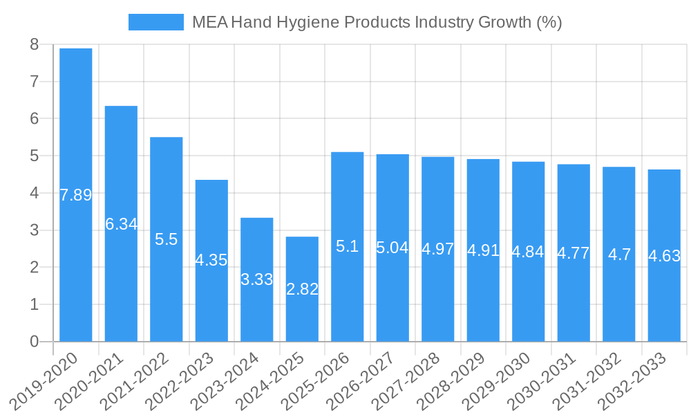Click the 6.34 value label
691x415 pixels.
coord(121,224)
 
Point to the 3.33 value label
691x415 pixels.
coord(257,279)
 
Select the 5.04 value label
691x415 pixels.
coord(392,248)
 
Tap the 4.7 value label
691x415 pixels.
coord(619,254)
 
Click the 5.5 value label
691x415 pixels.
coord(167,239)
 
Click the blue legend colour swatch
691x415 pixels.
coord(156,22)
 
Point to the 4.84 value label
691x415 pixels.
coord(528,252)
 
